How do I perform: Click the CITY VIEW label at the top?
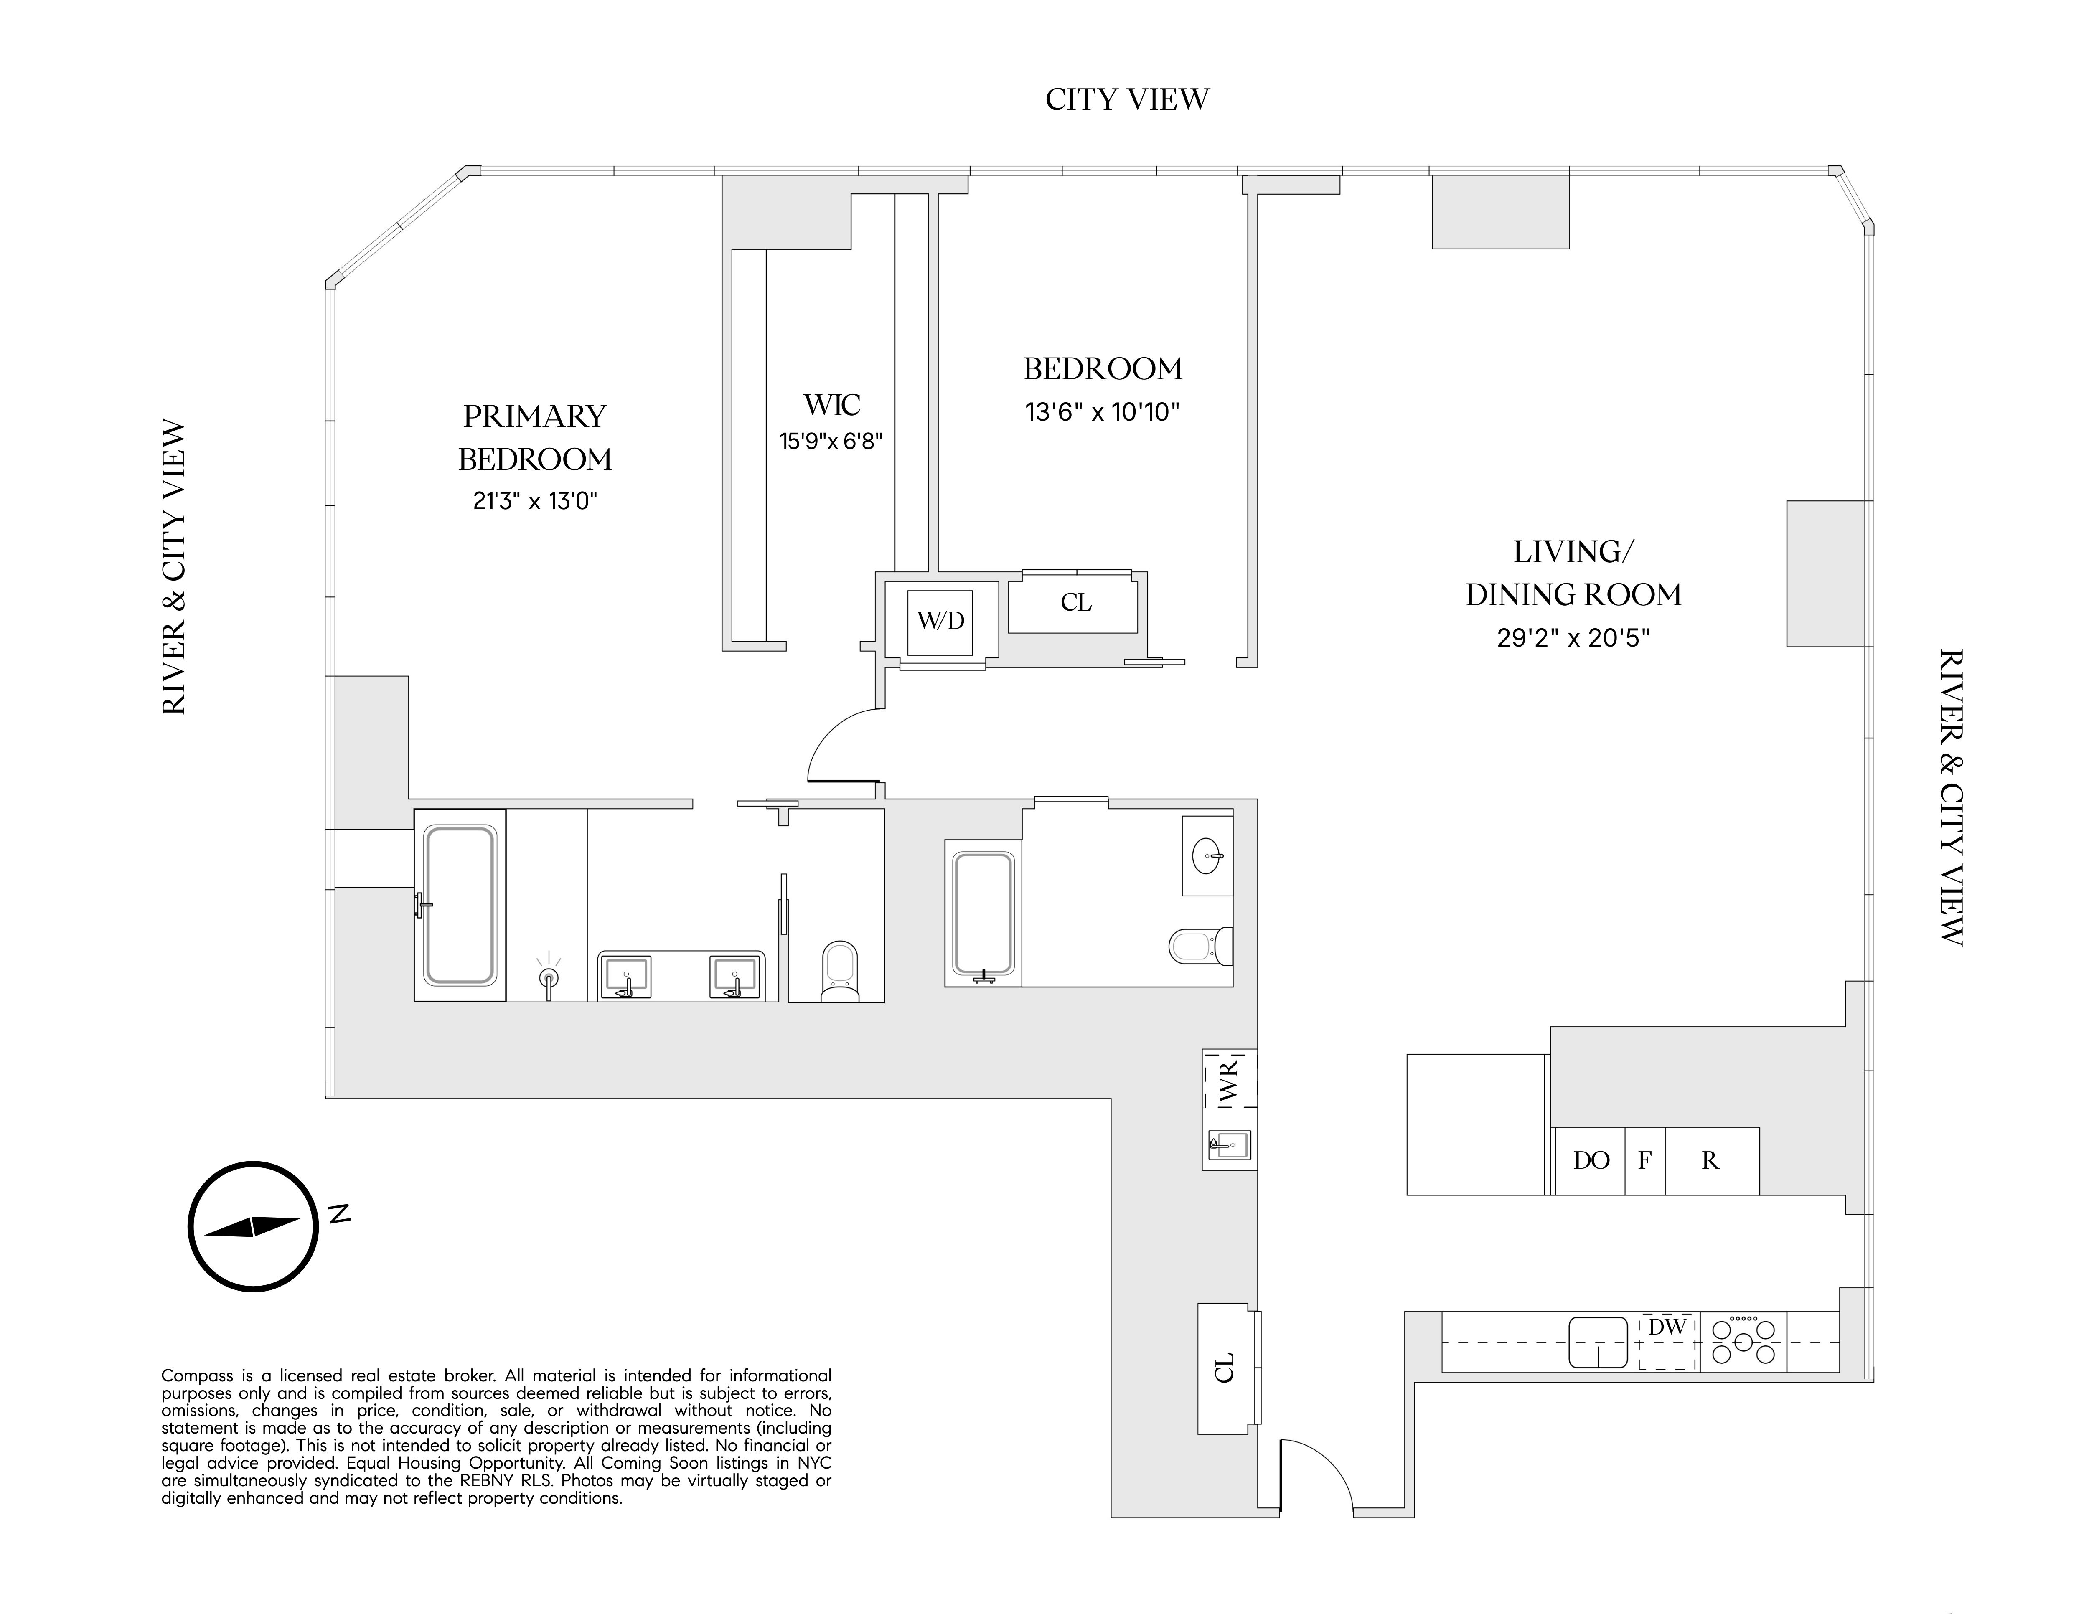pos(1127,99)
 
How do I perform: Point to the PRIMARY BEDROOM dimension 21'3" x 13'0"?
pos(535,501)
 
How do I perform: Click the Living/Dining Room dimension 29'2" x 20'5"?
pos(1573,638)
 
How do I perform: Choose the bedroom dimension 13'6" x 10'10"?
pos(1102,412)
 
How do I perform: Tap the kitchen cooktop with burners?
pos(1743,1342)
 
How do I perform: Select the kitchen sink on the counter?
pos(1597,1342)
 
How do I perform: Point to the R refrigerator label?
pos(1710,1161)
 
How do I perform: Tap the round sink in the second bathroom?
pos(1207,856)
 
